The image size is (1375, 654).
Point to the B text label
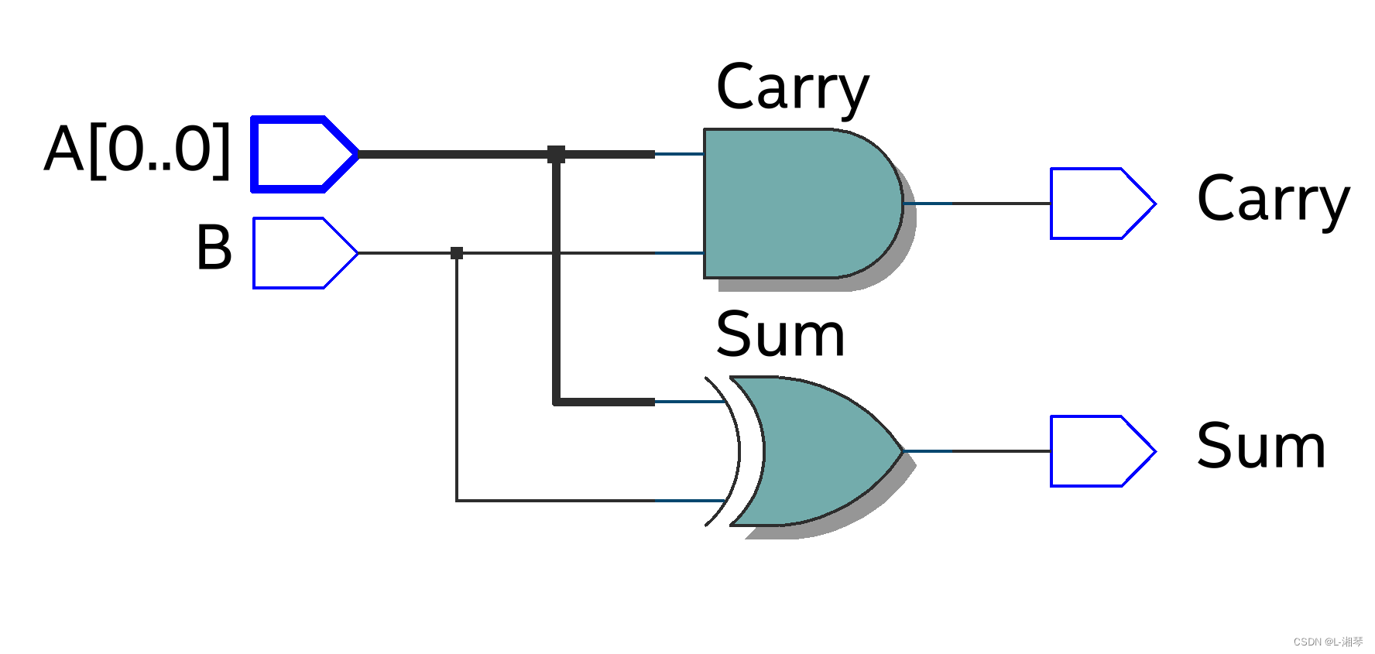(214, 248)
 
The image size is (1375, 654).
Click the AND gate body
(797, 203)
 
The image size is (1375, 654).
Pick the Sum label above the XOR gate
(780, 334)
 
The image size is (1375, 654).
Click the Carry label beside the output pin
(1273, 200)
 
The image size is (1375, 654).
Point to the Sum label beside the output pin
(1260, 447)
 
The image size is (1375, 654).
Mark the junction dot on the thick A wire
(556, 154)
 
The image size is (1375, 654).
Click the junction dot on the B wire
(457, 253)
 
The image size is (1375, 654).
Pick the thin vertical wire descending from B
(457, 379)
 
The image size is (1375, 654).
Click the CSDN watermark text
(1328, 642)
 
